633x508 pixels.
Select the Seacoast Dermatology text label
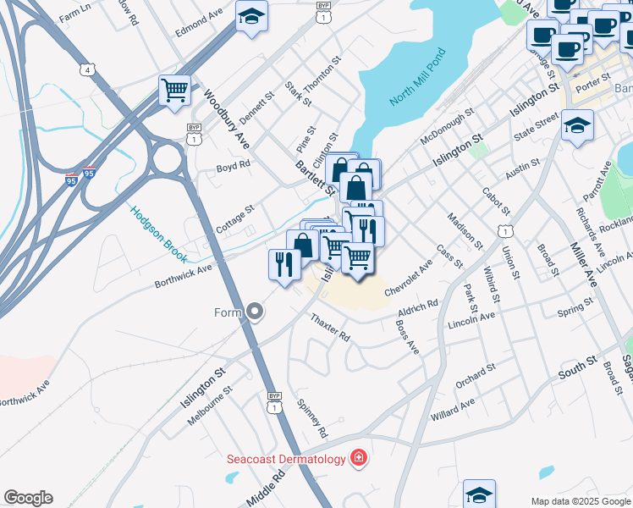(x=286, y=460)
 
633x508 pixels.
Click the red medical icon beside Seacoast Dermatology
(x=359, y=458)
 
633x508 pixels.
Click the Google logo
(x=28, y=498)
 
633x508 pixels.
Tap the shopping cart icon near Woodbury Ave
(x=174, y=90)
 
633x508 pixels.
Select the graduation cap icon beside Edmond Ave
(x=251, y=17)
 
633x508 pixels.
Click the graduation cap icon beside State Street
(x=578, y=126)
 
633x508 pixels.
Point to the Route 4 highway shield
(x=89, y=69)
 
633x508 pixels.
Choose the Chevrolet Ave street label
(x=408, y=278)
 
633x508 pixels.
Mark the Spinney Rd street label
(x=312, y=418)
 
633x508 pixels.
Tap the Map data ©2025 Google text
(x=580, y=500)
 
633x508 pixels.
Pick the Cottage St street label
(x=234, y=218)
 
